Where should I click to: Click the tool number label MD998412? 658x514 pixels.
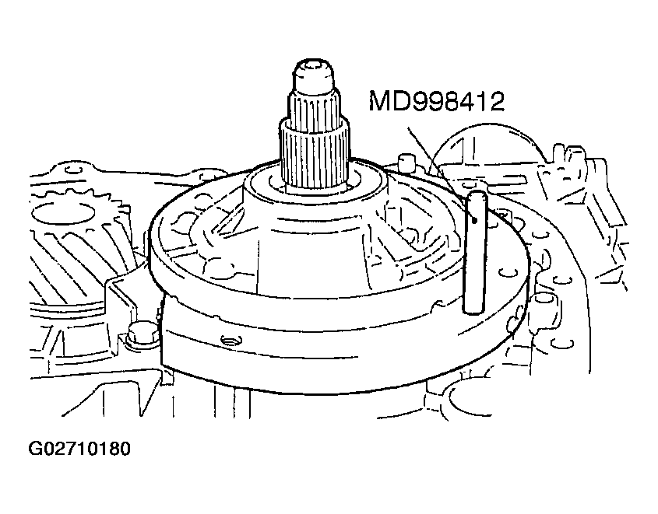(436, 101)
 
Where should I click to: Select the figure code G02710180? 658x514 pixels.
(79, 449)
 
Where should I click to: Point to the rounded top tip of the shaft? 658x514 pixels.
(315, 68)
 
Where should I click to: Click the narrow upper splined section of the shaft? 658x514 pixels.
(315, 105)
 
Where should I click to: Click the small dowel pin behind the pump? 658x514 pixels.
(405, 162)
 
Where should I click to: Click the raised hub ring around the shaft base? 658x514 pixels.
(315, 184)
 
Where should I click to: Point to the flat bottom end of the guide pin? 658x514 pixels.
(474, 309)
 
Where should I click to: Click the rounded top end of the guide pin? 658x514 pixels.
(476, 194)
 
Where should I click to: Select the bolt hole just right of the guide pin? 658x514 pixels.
(508, 273)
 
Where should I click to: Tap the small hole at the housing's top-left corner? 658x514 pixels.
(73, 170)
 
